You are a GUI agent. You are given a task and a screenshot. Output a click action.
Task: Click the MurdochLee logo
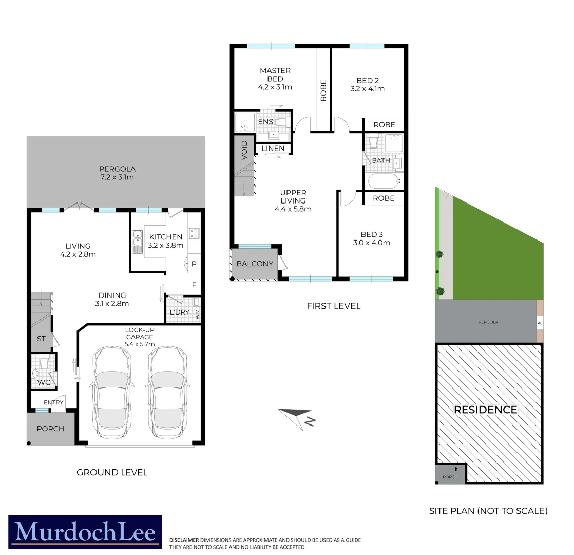pyautogui.click(x=85, y=533)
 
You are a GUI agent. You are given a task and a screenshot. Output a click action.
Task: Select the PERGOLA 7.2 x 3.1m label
pyautogui.click(x=118, y=173)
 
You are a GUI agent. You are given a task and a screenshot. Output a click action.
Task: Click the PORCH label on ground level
pyautogui.click(x=50, y=428)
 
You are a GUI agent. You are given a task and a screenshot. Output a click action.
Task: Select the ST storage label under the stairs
pyautogui.click(x=41, y=339)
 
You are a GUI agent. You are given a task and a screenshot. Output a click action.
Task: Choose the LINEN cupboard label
pyautogui.click(x=273, y=149)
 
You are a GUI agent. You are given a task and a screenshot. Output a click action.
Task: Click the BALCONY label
pyautogui.click(x=255, y=264)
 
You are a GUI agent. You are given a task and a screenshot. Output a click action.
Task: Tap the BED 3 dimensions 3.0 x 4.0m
pyautogui.click(x=371, y=243)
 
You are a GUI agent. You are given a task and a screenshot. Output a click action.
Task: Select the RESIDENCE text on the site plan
pyautogui.click(x=486, y=410)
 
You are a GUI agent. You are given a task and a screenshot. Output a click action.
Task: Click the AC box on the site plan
pyautogui.click(x=540, y=323)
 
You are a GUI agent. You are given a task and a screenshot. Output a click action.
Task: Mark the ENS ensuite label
pyautogui.click(x=265, y=122)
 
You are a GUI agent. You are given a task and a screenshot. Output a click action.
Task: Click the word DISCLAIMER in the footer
pyautogui.click(x=184, y=540)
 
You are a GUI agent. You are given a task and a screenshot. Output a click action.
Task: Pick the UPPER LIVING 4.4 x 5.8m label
pyautogui.click(x=293, y=201)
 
